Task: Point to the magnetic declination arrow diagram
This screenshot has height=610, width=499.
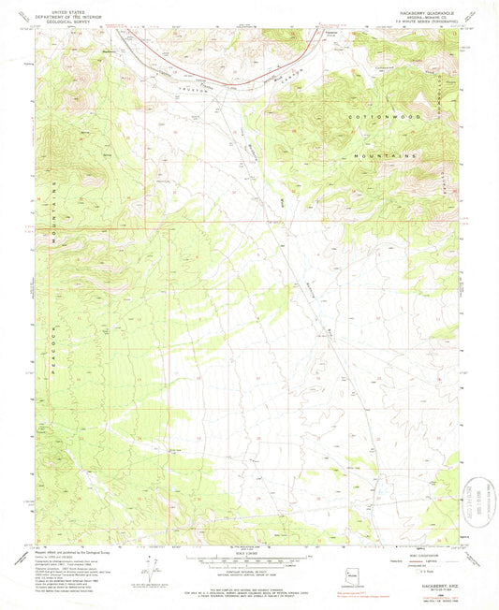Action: tap(154, 570)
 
